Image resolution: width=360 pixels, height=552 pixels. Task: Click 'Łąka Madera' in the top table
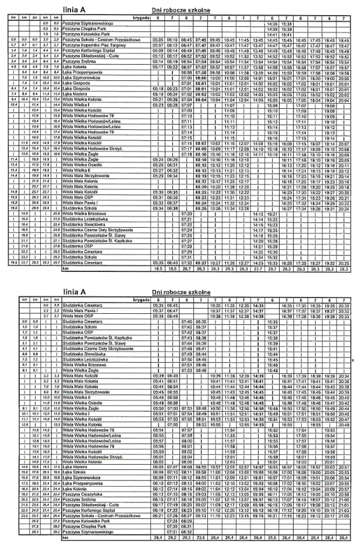pyautogui.click(x=70, y=92)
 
